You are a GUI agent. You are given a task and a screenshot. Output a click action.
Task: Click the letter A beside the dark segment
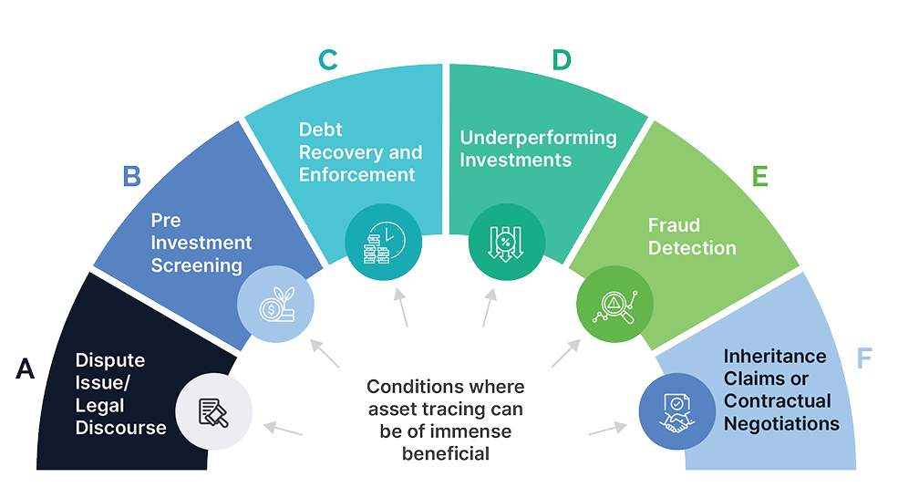(x=26, y=368)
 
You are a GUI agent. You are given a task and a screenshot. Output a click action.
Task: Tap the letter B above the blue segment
(x=132, y=176)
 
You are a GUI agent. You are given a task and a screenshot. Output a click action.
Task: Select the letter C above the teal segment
(x=327, y=60)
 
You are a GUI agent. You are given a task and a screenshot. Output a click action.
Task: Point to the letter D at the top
(x=562, y=60)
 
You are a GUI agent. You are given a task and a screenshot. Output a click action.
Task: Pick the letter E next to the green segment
(x=759, y=176)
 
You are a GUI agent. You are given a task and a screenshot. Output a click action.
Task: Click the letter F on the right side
(x=865, y=358)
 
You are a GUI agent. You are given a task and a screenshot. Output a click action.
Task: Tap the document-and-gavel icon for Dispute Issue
(x=214, y=412)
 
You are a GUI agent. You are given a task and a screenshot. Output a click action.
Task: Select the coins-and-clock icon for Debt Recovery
(x=384, y=242)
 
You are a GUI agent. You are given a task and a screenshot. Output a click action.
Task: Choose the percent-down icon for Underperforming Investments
(x=506, y=242)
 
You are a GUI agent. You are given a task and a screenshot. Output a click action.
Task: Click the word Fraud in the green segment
(x=673, y=225)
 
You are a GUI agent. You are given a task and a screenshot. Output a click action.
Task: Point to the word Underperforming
(x=538, y=139)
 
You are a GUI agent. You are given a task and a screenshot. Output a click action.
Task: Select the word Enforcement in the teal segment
(x=357, y=173)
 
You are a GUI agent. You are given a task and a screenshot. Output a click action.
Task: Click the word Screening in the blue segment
(x=197, y=265)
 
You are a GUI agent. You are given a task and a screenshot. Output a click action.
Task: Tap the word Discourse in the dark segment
(x=120, y=427)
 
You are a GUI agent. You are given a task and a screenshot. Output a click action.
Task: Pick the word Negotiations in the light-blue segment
(x=780, y=423)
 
